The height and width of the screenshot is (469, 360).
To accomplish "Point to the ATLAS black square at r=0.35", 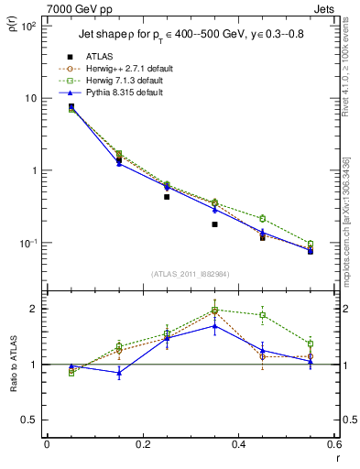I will pos(214,224).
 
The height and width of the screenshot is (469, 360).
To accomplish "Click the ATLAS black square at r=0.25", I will pos(167,197).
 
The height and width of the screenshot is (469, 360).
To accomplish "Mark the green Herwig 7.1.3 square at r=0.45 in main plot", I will pos(262,218).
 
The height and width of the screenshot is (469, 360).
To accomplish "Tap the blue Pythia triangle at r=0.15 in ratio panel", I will pos(119,373).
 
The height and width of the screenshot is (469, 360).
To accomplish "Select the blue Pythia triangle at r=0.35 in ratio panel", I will pos(214,325).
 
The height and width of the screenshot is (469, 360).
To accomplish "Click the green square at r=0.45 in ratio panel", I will pos(262,315).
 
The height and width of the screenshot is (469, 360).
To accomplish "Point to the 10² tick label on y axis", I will pos(27,26).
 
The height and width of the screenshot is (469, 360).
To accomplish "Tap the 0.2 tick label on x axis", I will pos(142,444).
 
